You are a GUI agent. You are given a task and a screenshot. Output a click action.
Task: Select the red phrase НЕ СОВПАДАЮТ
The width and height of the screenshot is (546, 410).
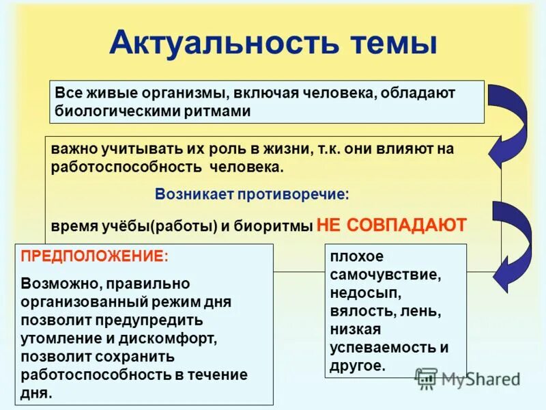coord(392,225)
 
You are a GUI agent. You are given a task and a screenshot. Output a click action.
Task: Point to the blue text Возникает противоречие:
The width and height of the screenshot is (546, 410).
coord(251,194)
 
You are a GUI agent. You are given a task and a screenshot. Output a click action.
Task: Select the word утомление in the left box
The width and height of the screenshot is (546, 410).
coord(61,338)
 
